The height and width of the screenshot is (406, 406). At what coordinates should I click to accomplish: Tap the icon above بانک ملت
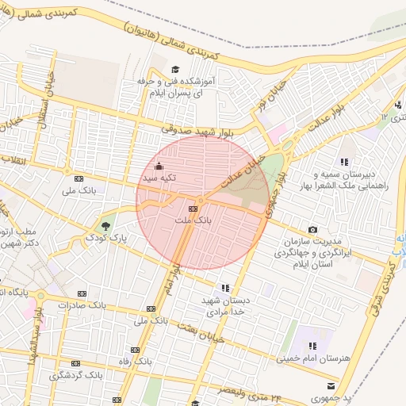point(191,207)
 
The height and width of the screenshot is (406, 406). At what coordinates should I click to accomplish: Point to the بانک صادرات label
point(86,304)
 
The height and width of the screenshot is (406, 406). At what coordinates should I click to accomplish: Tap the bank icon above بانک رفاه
point(135,350)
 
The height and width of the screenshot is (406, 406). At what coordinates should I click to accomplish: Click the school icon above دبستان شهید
point(226,288)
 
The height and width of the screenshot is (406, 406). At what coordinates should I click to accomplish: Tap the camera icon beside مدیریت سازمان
point(312,230)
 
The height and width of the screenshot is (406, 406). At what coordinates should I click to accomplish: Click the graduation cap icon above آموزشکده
point(175,69)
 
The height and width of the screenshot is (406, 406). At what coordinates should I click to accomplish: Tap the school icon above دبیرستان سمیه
point(344,162)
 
